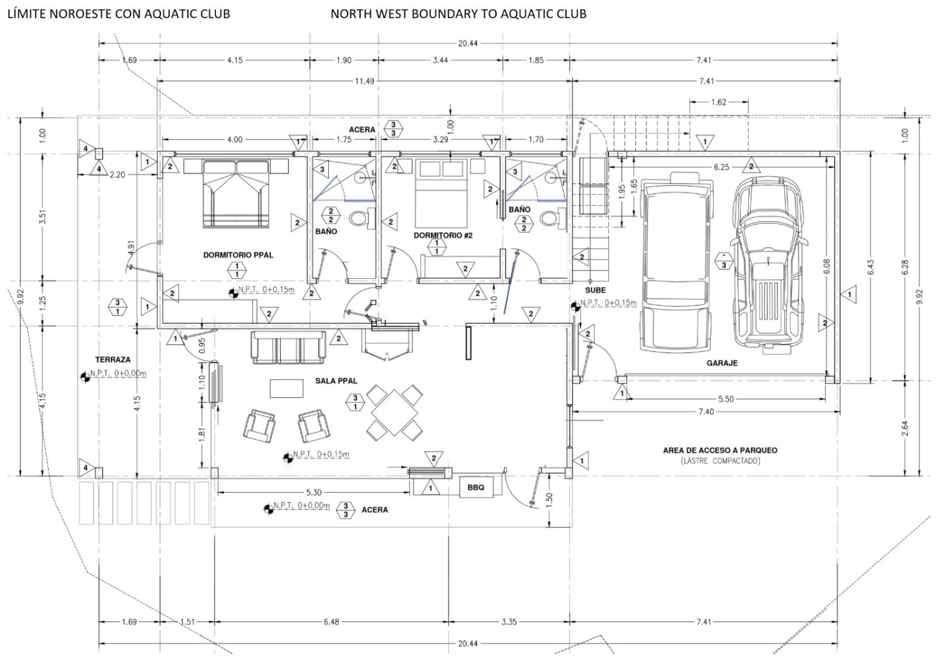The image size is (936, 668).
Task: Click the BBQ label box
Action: point(476,487)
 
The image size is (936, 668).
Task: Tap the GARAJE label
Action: point(722,363)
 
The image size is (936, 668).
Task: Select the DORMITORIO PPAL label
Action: point(238,255)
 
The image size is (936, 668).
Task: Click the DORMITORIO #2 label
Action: point(443,235)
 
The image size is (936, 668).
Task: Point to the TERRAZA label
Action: point(113,360)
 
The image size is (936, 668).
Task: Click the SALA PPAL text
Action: point(336,381)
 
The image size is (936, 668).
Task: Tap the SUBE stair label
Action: point(595,290)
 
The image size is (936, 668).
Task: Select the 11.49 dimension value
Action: point(364,81)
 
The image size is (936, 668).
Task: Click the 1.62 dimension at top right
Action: point(718,102)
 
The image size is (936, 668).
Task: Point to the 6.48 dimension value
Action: point(332,622)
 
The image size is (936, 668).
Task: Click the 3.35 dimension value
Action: point(509,622)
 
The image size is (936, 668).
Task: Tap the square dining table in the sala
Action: point(394,411)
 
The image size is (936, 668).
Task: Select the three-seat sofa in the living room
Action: point(288,348)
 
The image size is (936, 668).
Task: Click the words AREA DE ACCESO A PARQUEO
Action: point(720,450)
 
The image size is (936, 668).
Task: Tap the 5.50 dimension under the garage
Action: point(726,399)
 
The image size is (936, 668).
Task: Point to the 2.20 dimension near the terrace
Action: point(118,175)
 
